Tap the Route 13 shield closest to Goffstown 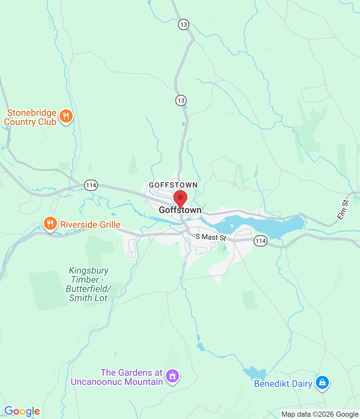coord(181,100)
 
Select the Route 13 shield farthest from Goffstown coord(183,25)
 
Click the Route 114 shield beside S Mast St coord(261,241)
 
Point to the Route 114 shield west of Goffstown coord(91,185)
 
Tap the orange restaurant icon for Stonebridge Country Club coord(66,116)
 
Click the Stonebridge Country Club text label coord(30,117)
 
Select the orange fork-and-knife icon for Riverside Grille coord(50,224)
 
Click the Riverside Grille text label coord(90,225)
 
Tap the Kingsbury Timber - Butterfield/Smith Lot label coord(88,284)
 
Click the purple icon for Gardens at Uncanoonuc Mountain coord(172,376)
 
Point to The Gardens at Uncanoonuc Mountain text coord(117,377)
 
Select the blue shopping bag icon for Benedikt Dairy coord(322,382)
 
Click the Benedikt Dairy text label coord(283,384)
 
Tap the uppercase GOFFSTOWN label coord(173,185)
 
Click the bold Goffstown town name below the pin coord(180,210)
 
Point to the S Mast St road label coord(211,237)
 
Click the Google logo coord(22,411)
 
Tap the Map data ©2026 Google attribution coord(320,414)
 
